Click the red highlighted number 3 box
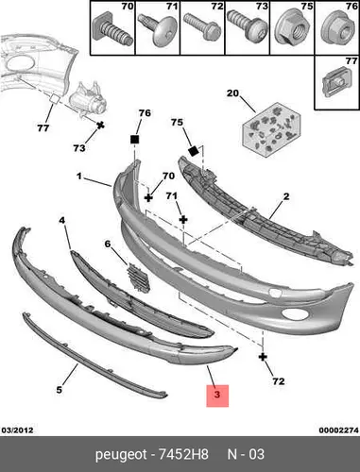coord(217,396)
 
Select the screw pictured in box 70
coord(112,30)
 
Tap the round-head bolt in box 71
coord(157,30)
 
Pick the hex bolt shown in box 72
coord(202,26)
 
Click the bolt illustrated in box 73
coord(248,25)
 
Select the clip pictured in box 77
coord(337,81)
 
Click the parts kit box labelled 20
coord(271,129)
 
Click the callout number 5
coord(60,390)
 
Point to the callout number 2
coord(286,197)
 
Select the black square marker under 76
coord(134,140)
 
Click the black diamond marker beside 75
coord(193,151)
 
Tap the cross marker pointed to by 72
coord(263,357)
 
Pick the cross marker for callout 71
coord(183,220)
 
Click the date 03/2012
coord(17,430)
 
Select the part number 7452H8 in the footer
coord(183,454)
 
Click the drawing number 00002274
coord(338,430)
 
